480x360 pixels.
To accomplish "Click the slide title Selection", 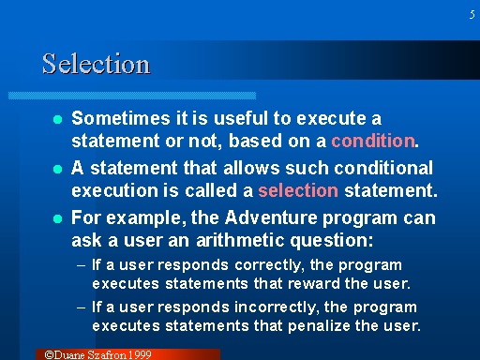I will coord(96,64).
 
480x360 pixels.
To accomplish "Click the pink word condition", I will coord(373,142).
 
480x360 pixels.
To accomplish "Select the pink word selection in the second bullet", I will coord(297,190).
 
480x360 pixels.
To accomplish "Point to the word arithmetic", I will coord(227,241).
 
